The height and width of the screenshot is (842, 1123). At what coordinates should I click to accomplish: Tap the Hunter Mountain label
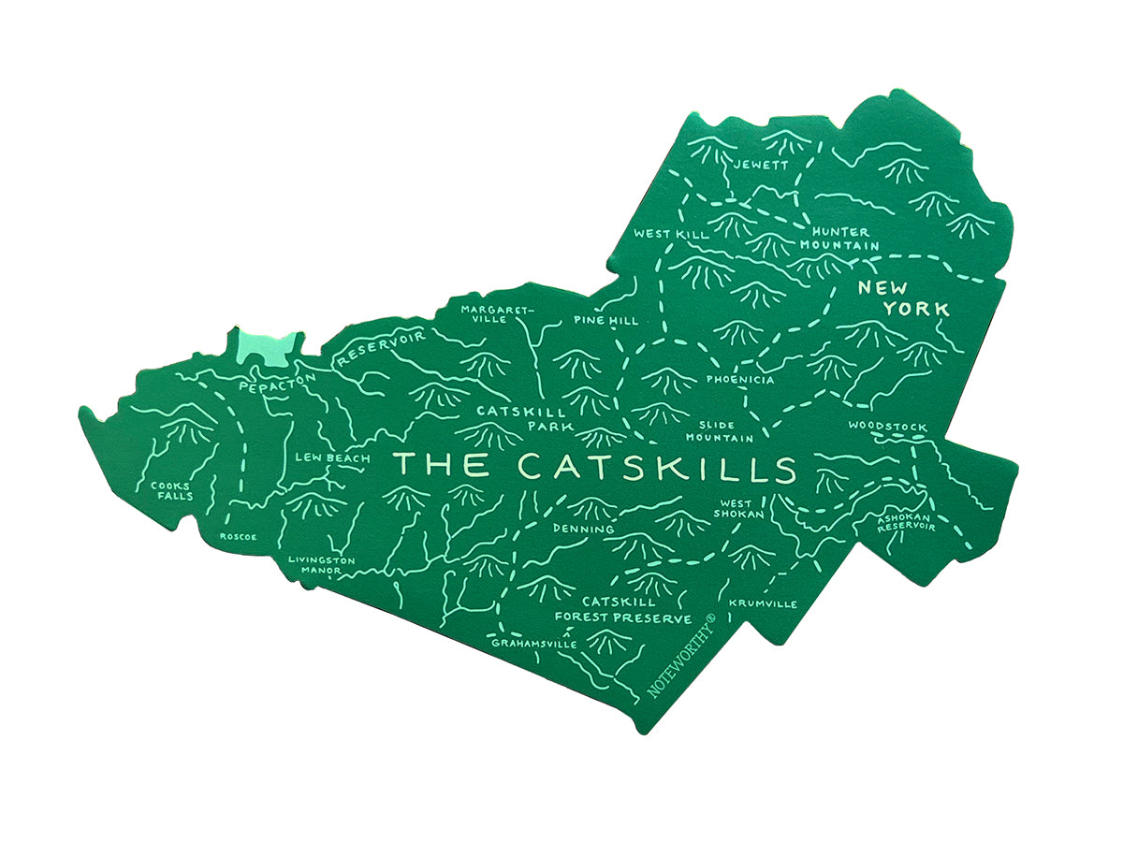[839, 239]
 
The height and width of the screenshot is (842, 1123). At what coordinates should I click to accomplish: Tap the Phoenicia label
[740, 380]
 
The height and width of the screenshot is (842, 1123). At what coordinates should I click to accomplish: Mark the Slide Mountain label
[720, 431]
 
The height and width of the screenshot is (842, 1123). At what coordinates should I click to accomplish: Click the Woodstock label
[887, 428]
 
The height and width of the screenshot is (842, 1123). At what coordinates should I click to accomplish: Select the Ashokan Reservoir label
[906, 521]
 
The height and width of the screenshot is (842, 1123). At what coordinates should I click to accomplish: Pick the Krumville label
[763, 603]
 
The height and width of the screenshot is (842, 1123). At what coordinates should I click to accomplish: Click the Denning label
[583, 530]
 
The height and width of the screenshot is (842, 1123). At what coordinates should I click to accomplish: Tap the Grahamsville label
[534, 645]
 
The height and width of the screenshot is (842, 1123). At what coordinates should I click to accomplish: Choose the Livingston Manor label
[321, 565]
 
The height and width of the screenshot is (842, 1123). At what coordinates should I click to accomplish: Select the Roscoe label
[237, 537]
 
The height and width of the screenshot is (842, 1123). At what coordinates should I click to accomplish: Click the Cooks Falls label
[173, 490]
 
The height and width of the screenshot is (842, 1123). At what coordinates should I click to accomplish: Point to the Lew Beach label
[326, 457]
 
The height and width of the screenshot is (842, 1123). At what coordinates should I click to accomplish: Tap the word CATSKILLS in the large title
[656, 466]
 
